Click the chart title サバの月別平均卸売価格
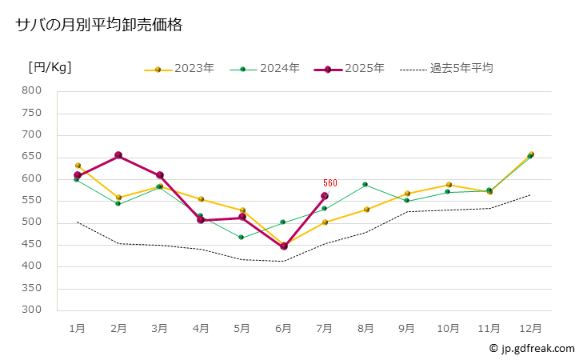click(x=99, y=26)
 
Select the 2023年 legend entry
click(x=179, y=69)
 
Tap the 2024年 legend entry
click(x=266, y=69)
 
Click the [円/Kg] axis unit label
click(x=50, y=67)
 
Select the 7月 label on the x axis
click(x=325, y=328)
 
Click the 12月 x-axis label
click(x=530, y=328)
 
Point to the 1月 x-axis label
click(x=78, y=328)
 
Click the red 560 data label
click(x=330, y=183)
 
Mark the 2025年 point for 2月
click(x=118, y=155)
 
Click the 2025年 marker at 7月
click(x=325, y=196)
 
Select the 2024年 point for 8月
click(x=365, y=185)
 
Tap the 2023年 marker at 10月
click(x=449, y=185)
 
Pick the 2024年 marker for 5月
click(x=242, y=238)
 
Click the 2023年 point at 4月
click(x=201, y=199)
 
